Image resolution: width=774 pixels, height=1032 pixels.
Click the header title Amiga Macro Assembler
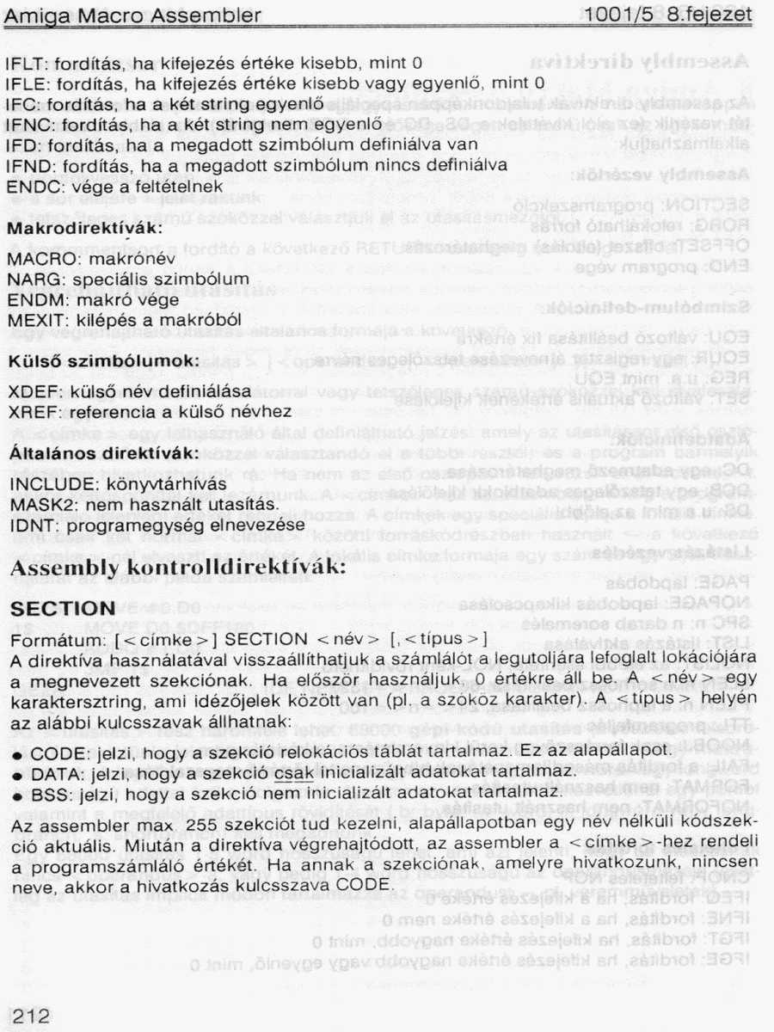(x=132, y=15)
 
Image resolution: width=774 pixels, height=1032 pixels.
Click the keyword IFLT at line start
(x=24, y=64)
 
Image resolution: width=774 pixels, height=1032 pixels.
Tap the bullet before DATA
(x=17, y=773)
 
